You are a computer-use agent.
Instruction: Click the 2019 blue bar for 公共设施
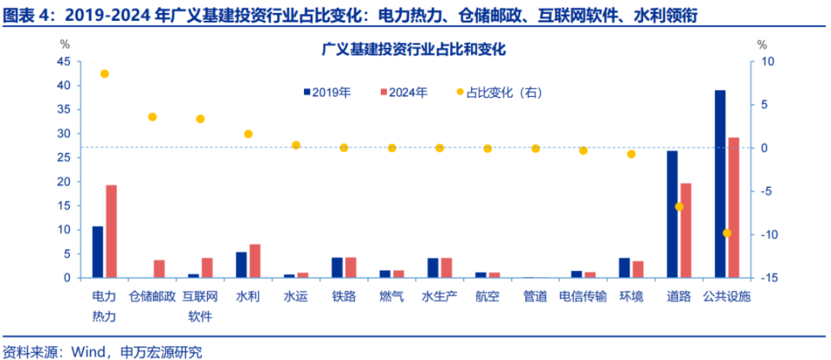(720, 183)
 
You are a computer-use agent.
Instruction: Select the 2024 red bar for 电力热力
(111, 231)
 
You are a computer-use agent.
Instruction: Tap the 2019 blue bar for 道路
(672, 214)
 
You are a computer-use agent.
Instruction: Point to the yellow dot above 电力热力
(105, 74)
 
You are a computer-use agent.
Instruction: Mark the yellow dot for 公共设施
(727, 233)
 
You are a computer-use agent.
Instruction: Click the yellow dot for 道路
(679, 207)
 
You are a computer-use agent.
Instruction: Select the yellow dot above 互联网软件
(200, 119)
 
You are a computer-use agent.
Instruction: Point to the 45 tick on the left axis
(62, 61)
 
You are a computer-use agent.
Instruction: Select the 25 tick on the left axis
(62, 157)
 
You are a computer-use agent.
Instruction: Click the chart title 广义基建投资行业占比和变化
(413, 50)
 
